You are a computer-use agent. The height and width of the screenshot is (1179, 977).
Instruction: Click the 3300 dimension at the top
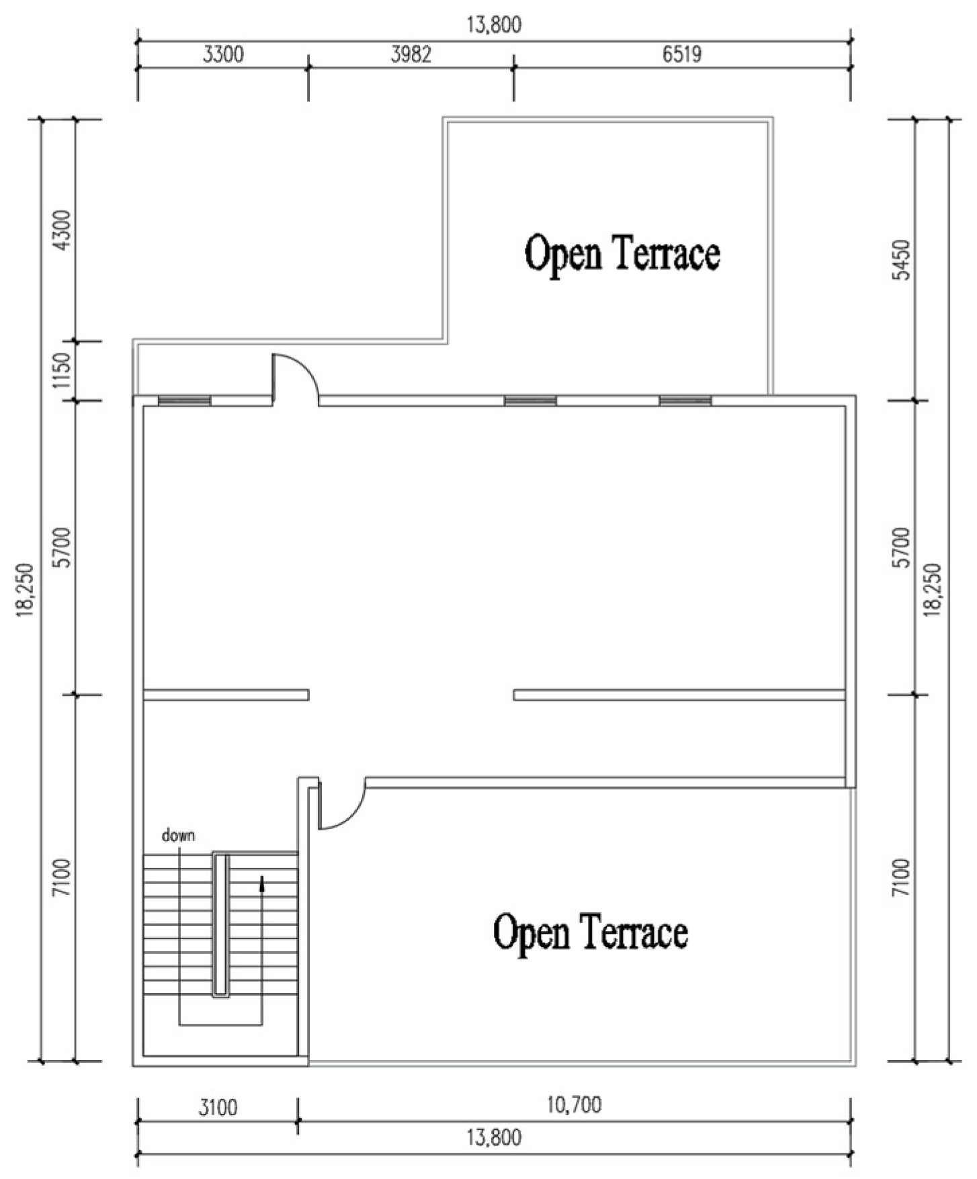click(x=223, y=54)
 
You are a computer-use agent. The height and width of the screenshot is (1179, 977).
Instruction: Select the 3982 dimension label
click(x=411, y=54)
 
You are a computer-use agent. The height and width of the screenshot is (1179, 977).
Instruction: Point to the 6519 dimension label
click(x=681, y=54)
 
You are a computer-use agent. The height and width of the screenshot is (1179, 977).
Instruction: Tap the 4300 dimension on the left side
click(x=62, y=230)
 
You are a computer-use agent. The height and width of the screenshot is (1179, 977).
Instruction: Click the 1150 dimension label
click(x=62, y=371)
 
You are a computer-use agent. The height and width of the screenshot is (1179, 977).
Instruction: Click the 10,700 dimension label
click(x=574, y=1104)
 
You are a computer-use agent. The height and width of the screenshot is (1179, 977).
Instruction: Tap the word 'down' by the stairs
click(x=178, y=836)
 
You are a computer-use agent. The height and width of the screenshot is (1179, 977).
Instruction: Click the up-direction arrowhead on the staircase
click(x=262, y=883)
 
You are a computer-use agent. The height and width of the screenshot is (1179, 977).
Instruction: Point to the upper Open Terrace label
click(x=622, y=254)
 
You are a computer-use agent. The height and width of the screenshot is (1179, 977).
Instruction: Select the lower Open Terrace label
click(x=590, y=932)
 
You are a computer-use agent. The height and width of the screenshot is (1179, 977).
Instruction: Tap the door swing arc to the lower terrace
click(x=349, y=814)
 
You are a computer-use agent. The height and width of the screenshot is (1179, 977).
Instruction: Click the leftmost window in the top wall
click(x=184, y=401)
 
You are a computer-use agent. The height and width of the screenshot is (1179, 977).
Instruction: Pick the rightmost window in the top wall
click(x=685, y=401)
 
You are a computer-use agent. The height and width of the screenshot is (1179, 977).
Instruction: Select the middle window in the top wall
click(x=530, y=401)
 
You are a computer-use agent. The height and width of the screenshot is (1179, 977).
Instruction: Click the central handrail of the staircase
click(x=221, y=924)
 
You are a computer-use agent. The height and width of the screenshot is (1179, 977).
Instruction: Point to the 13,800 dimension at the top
click(x=494, y=25)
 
